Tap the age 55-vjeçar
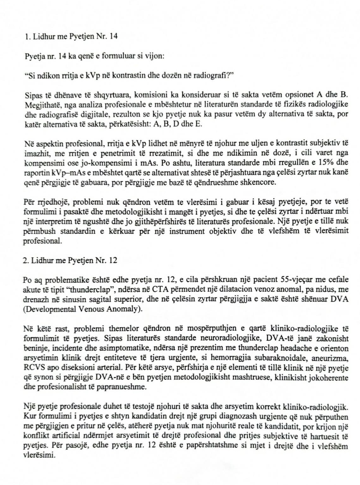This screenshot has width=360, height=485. (297, 279)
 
